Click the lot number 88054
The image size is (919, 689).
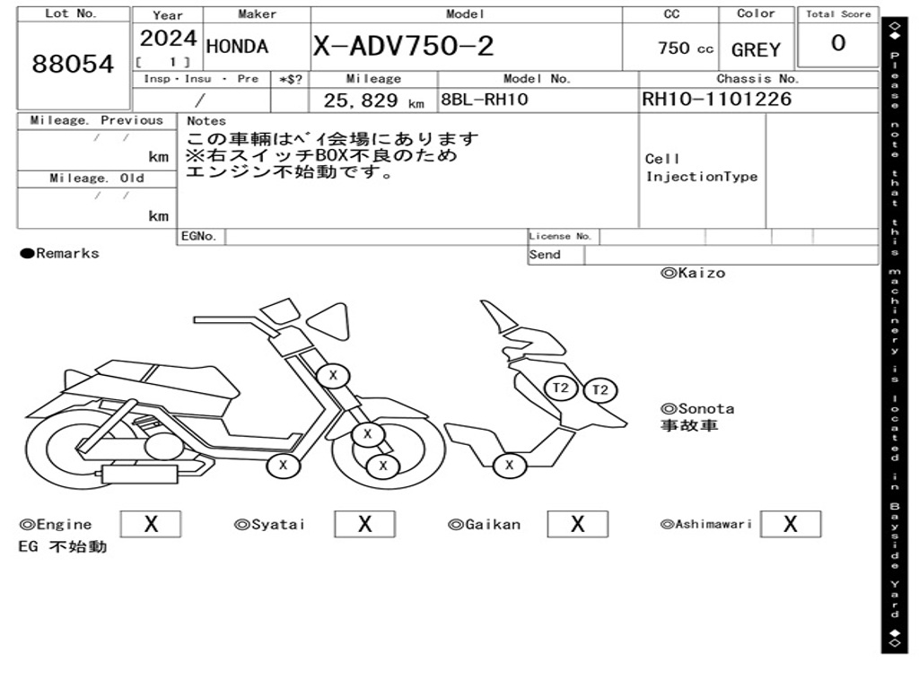click(x=74, y=65)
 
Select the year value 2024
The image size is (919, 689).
click(x=168, y=39)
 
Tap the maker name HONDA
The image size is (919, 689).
click(x=237, y=47)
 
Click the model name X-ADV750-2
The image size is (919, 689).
click(x=403, y=47)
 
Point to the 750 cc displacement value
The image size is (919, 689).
click(x=686, y=48)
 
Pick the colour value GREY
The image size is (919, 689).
click(x=756, y=50)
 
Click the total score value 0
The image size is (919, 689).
click(x=837, y=44)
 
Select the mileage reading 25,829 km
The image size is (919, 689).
click(x=373, y=101)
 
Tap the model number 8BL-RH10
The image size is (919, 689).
click(x=484, y=100)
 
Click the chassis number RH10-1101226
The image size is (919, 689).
click(x=716, y=100)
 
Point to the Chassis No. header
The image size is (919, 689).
click(x=757, y=79)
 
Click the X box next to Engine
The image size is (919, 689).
click(x=150, y=524)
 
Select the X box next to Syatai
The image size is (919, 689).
click(x=364, y=524)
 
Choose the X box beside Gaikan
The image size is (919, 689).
click(x=577, y=524)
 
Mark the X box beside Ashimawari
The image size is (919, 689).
click(x=790, y=524)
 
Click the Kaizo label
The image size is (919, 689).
click(x=693, y=273)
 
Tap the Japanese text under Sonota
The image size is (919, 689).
click(x=689, y=425)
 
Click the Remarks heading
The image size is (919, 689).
click(x=60, y=254)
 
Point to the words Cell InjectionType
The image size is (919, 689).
click(x=701, y=168)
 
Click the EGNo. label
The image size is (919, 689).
click(x=198, y=237)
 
